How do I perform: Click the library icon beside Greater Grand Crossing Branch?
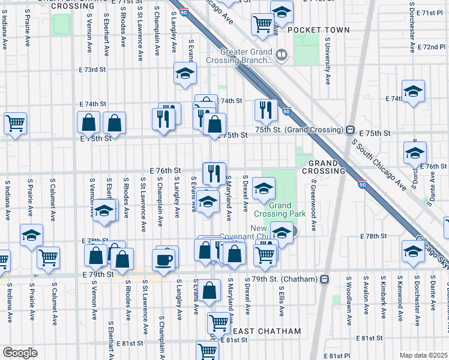coord(282,56)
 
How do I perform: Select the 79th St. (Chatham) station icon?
coord(325,279)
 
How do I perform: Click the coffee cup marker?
coord(163,259)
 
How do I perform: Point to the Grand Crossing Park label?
coord(280,209)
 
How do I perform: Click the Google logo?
coord(20,353)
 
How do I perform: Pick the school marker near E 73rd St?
coord(185,74)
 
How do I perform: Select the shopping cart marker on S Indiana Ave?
coord(15,124)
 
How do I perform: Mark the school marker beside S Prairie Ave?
coord(31,236)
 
